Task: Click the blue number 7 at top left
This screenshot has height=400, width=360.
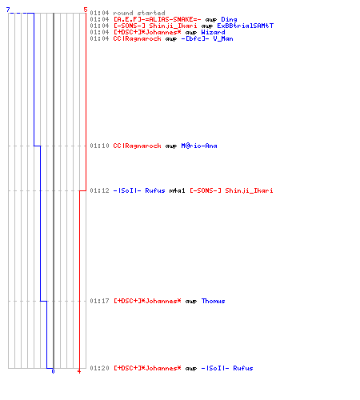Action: pos(8,10)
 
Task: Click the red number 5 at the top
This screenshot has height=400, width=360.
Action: pos(86,10)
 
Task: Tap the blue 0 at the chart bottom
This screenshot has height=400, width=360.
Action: pos(53,371)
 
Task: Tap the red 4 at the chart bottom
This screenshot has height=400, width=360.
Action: pos(79,371)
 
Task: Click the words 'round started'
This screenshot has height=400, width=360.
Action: pos(139,13)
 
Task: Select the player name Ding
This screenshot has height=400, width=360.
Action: pos(229,19)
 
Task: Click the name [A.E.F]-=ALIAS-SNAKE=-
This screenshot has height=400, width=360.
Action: pos(157,19)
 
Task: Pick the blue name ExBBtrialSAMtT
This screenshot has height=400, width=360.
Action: pos(245,26)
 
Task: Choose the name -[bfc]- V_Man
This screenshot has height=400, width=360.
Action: pos(207,38)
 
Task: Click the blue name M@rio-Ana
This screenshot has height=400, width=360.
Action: pos(199,146)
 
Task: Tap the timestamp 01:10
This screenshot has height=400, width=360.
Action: pos(99,146)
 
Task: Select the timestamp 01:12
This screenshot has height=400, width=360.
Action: pos(99,190)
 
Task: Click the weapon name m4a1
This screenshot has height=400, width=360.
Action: pos(177,190)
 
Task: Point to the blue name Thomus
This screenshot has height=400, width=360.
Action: pos(213,301)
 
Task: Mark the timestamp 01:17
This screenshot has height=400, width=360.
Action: pos(99,301)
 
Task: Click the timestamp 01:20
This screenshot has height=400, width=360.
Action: pos(99,368)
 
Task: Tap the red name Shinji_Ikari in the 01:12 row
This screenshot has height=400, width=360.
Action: pos(249,190)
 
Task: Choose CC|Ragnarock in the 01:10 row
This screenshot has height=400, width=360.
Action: pos(137,146)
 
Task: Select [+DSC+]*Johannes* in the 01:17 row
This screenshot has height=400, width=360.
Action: pos(147,301)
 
